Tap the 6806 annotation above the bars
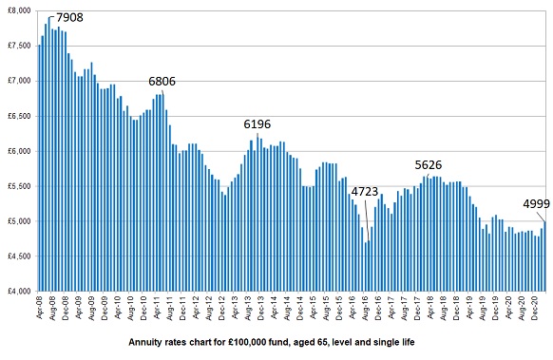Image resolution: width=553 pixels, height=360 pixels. pos(162,82)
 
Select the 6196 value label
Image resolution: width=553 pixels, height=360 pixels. pos(257,124)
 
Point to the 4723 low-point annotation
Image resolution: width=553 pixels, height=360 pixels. pos(365,192)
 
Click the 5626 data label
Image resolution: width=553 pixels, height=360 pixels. pos(429,165)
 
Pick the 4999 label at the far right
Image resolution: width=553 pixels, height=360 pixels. pos(536,203)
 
